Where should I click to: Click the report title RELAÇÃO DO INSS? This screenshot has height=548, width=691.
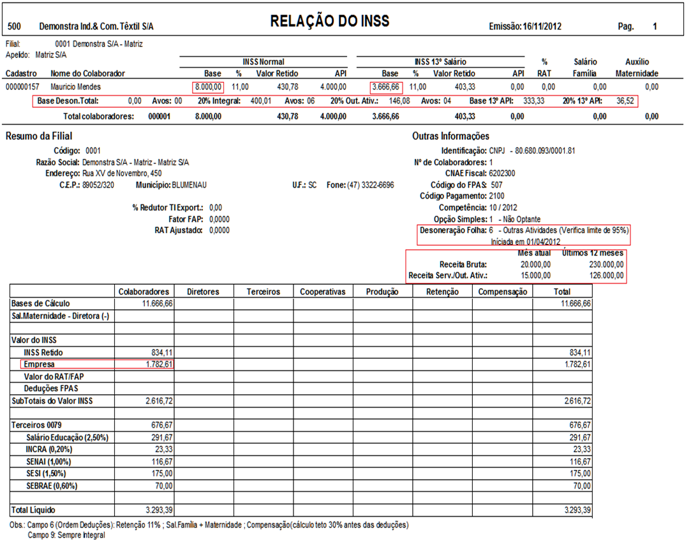[330, 21]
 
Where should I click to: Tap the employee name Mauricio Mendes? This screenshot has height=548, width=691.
[75, 86]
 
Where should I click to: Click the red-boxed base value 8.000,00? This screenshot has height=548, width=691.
[209, 86]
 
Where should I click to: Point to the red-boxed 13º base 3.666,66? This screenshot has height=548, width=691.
[386, 86]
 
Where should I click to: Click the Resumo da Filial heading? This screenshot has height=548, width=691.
[39, 136]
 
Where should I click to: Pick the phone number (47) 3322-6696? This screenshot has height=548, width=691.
[370, 185]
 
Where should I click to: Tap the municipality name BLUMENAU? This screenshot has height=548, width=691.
[189, 185]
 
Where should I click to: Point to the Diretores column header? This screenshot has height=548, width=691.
[203, 291]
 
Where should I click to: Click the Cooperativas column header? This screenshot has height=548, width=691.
[322, 291]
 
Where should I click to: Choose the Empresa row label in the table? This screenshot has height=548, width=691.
[39, 364]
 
